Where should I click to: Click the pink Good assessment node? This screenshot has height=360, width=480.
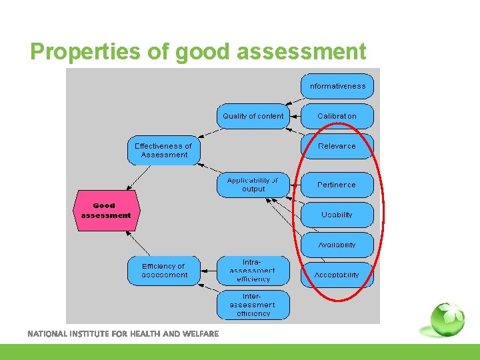(x=105, y=211)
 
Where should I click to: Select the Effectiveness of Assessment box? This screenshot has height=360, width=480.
(x=163, y=151)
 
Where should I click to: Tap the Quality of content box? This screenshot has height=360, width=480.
(x=253, y=116)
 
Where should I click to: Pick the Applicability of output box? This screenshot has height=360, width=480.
(x=253, y=185)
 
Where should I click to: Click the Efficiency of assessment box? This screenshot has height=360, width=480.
(x=163, y=271)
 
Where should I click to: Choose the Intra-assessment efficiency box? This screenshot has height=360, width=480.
(x=253, y=271)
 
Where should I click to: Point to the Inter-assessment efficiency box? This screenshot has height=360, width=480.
(x=253, y=305)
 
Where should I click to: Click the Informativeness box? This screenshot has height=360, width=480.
(x=337, y=86)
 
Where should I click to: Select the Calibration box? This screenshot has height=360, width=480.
(x=337, y=116)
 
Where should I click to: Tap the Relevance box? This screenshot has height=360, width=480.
(x=337, y=146)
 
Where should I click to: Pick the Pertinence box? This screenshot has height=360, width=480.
(x=337, y=185)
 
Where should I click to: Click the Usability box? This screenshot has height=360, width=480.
(x=337, y=215)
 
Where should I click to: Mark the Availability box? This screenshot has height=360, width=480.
(x=337, y=245)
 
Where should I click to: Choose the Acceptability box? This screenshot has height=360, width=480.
(x=337, y=275)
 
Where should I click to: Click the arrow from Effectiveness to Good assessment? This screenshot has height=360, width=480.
(x=141, y=177)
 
